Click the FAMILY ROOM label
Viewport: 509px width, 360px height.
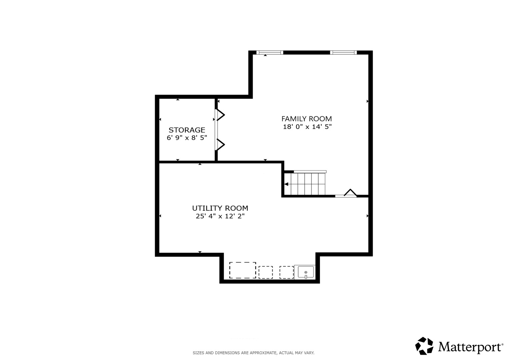pos(307,119)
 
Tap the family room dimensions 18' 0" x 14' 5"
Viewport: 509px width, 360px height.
pos(307,127)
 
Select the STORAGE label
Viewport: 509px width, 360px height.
pos(187,130)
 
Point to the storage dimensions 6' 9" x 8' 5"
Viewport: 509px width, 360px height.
pos(187,138)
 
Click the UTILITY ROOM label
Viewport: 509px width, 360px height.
pos(220,208)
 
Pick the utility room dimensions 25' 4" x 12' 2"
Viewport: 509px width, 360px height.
pos(220,216)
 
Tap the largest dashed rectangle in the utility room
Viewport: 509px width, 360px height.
pos(242,270)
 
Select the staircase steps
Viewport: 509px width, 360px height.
pos(305,184)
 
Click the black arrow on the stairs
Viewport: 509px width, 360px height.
pos(286,184)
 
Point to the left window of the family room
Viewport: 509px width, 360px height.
pos(270,53)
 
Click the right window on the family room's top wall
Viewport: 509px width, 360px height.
pos(343,53)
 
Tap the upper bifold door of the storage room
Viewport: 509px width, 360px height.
pos(220,115)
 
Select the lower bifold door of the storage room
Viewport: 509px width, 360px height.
pos(220,145)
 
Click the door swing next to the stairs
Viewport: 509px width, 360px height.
pos(350,193)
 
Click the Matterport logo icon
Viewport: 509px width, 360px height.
pos(424,346)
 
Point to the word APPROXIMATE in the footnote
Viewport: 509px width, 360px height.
pos(263,353)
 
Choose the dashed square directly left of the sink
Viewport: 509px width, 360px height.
pos(286,272)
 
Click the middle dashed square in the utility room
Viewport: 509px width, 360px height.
pos(266,272)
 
